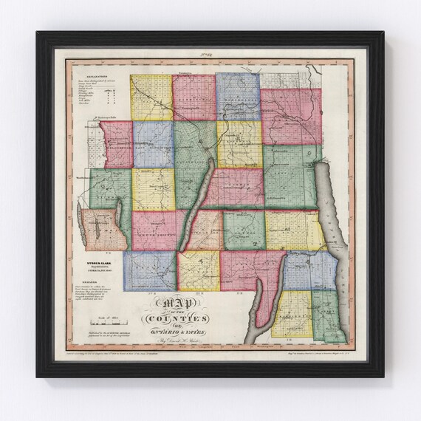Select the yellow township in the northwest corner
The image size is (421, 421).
(x=151, y=97)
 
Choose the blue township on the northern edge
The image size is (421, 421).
(x=238, y=97)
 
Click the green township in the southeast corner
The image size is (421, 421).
(x=325, y=314)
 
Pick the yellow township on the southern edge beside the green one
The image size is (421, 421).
(x=291, y=314)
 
